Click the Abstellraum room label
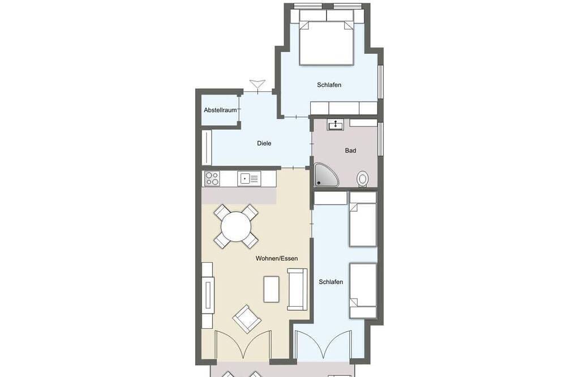click(x=220, y=110)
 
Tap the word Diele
click(x=264, y=143)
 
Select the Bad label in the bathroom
click(x=350, y=151)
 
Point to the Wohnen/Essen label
click(x=277, y=259)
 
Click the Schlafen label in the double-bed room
click(x=329, y=85)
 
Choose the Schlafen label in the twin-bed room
click(x=331, y=282)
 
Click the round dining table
click(x=236, y=226)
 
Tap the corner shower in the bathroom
click(x=325, y=175)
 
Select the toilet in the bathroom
click(x=362, y=179)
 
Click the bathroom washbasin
click(x=335, y=125)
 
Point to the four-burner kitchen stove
click(x=212, y=178)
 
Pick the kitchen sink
click(x=248, y=179)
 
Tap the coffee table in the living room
click(x=272, y=289)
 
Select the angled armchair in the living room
click(x=247, y=319)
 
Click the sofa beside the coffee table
click(x=297, y=289)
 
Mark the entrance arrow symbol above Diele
click(x=258, y=84)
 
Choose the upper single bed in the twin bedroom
click(x=363, y=219)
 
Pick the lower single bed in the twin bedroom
click(x=363, y=291)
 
